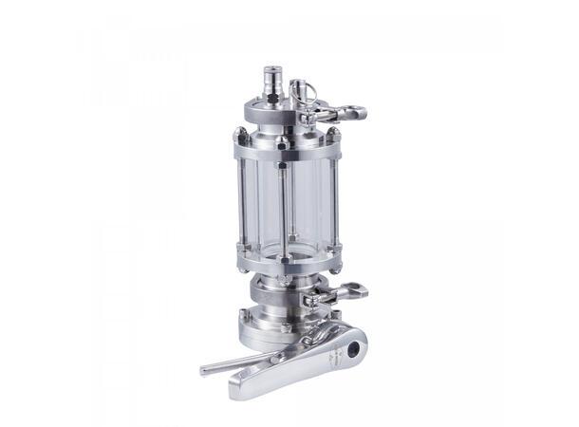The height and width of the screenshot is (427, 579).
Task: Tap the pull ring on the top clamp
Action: (301, 92)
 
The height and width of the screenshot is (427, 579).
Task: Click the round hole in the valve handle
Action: (355, 350)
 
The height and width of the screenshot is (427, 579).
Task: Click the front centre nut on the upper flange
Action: (282, 144)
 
